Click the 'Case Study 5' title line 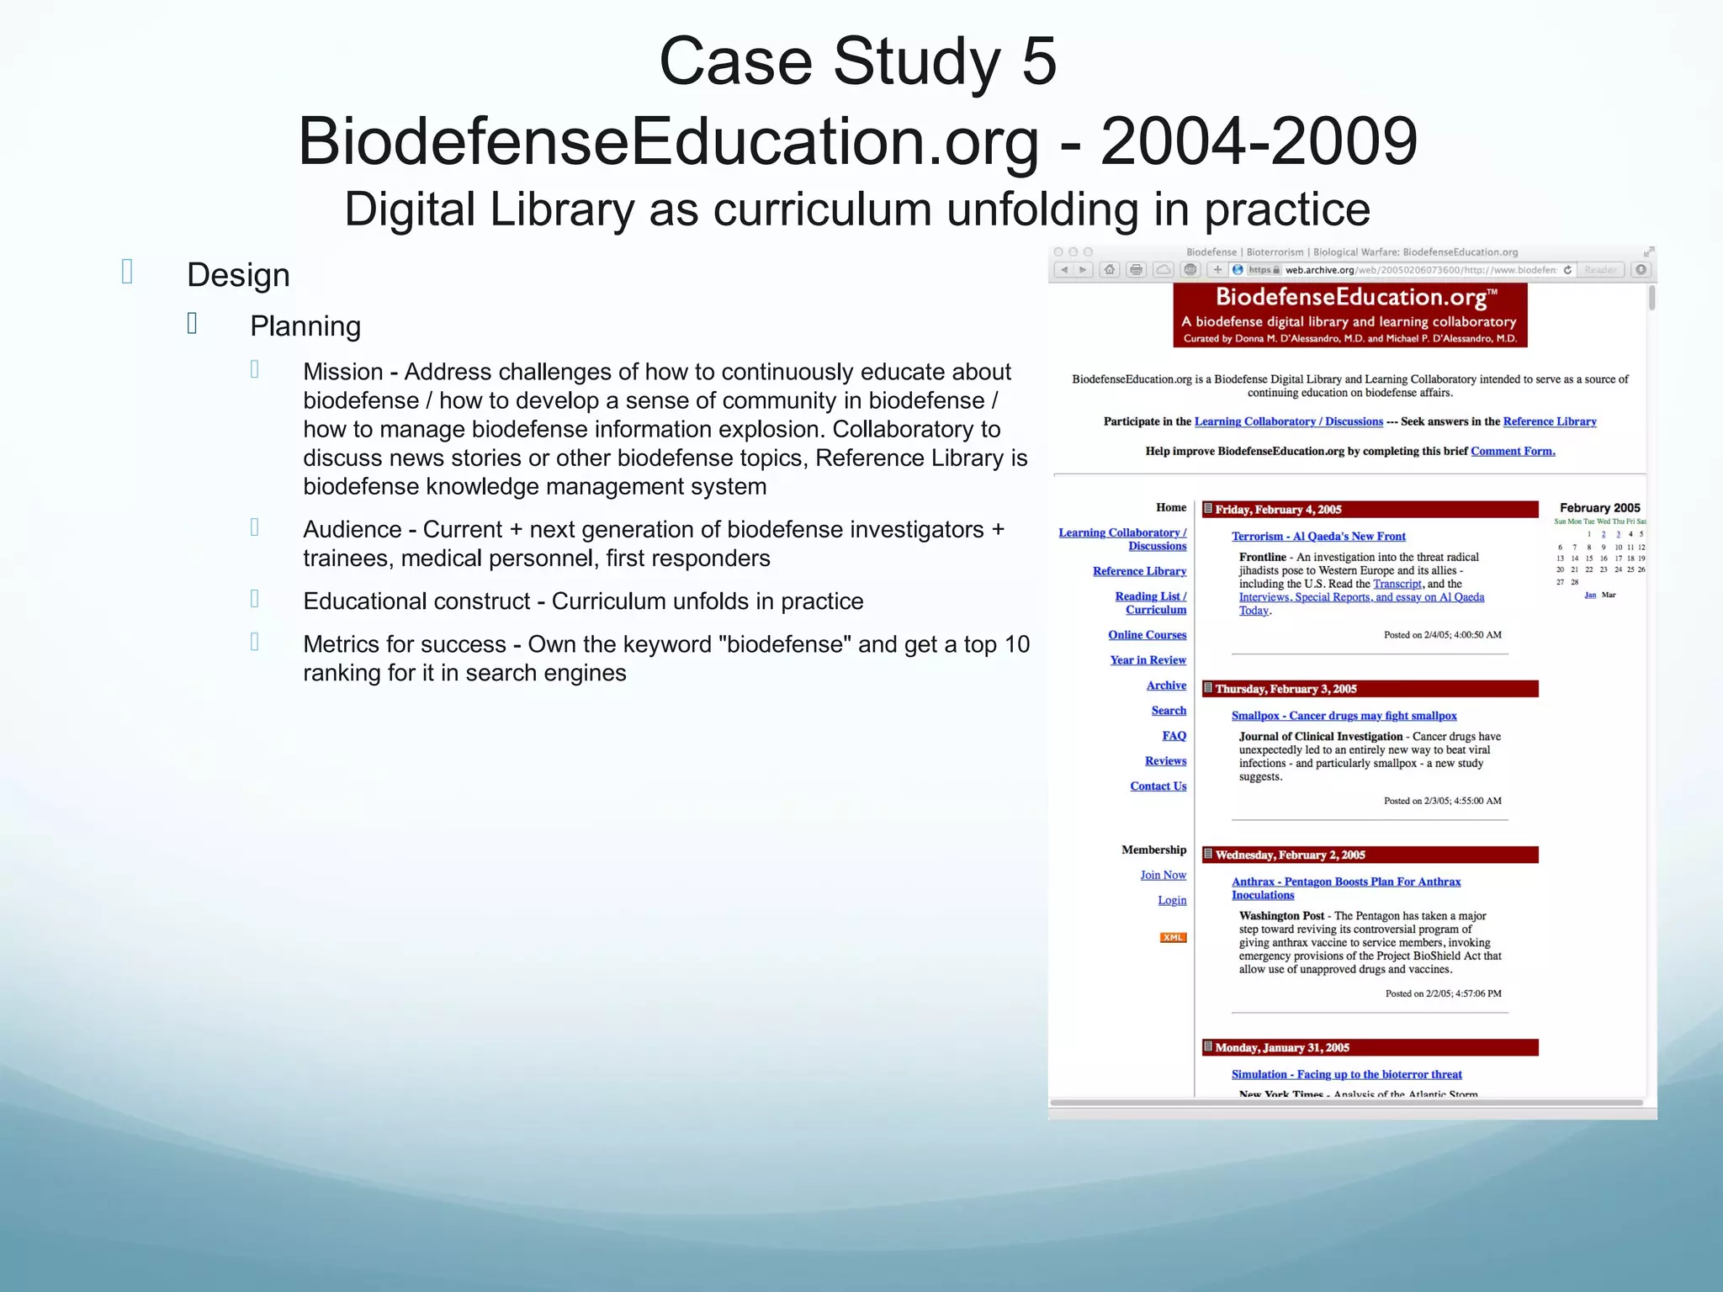pos(857,61)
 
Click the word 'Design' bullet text pos(238,275)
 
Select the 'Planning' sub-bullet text pos(305,326)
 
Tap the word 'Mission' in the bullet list pos(342,372)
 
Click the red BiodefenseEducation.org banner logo pos(1349,315)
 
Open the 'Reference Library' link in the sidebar pos(1139,571)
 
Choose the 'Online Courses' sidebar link pos(1147,635)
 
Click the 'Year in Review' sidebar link pos(1148,660)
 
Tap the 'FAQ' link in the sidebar pos(1174,736)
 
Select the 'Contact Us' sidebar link pos(1158,786)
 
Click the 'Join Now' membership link pos(1163,875)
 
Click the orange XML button pos(1173,937)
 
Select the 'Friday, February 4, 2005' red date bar pos(1369,510)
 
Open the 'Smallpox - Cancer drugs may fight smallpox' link pos(1344,716)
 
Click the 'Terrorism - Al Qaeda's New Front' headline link pos(1317,537)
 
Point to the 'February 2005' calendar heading pos(1599,508)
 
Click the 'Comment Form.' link pos(1512,452)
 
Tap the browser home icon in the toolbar pos(1110,270)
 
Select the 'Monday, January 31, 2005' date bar pos(1369,1047)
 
